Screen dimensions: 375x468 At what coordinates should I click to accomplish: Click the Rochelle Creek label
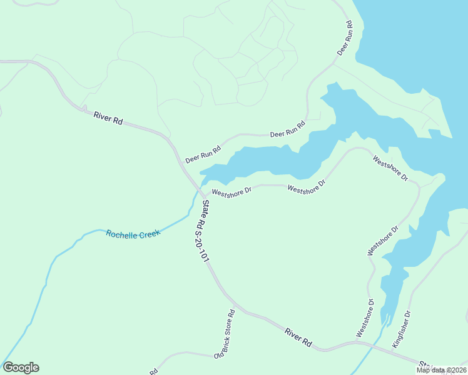(133, 233)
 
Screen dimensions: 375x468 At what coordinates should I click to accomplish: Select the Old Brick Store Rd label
(224, 334)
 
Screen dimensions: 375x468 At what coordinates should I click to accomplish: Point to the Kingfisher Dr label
(401, 329)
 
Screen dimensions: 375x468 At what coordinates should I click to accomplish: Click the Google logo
(21, 367)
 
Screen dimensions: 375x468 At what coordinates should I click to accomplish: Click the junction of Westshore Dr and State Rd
(203, 195)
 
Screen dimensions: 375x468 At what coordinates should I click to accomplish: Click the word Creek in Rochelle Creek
(148, 232)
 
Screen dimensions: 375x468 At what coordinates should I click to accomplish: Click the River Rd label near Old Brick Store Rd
(298, 337)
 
